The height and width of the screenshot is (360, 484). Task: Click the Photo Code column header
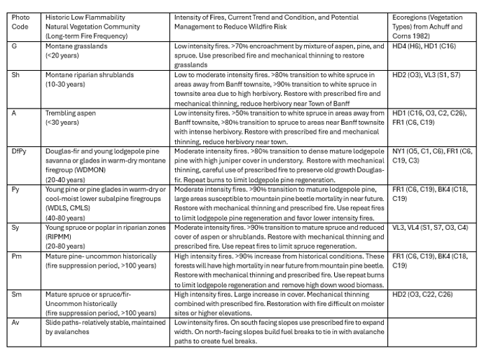pos(21,22)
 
